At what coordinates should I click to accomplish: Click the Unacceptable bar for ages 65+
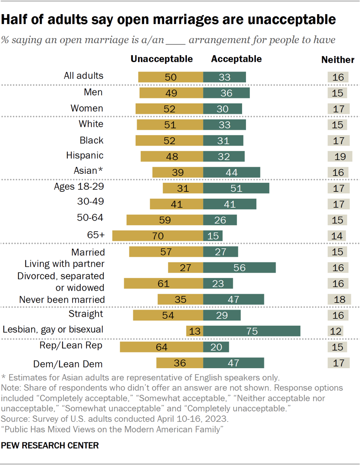(157, 235)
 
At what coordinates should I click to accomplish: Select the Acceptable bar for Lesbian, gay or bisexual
(252, 331)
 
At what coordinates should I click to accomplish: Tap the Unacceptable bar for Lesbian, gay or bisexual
(195, 331)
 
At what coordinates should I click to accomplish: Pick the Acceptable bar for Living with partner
(239, 268)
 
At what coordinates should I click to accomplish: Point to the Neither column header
(338, 60)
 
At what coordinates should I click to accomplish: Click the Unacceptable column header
(162, 59)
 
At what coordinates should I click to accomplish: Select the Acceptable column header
(236, 59)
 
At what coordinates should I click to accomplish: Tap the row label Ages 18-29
(78, 187)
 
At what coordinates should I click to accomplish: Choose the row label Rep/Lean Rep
(76, 346)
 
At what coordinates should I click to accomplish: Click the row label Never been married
(62, 299)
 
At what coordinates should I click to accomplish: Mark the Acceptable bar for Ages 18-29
(236, 188)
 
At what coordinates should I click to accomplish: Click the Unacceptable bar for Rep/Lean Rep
(162, 346)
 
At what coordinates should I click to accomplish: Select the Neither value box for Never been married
(339, 299)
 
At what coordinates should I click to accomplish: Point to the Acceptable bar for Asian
(231, 172)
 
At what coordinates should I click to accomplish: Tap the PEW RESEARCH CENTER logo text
(50, 445)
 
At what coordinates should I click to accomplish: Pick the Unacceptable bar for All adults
(171, 77)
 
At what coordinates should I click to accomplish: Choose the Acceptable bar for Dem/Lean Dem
(234, 363)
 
